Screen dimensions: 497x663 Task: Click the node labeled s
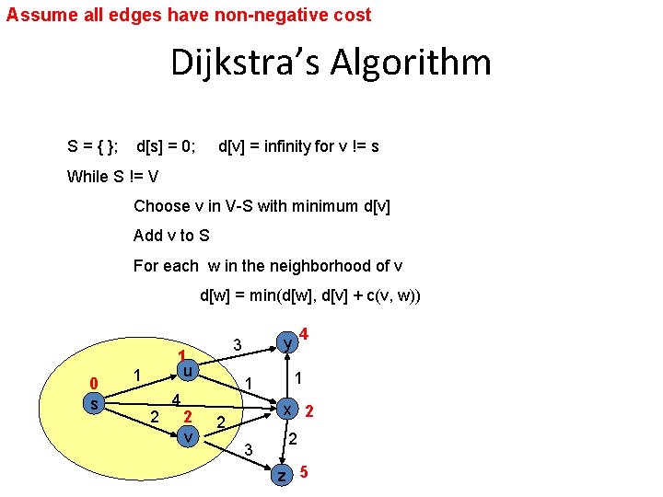92,403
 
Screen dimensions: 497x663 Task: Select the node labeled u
187,372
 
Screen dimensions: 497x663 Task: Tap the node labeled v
187,435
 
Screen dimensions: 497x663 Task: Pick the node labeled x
288,410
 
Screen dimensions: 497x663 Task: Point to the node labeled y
288,342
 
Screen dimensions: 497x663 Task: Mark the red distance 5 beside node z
304,472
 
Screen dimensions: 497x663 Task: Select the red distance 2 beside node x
310,410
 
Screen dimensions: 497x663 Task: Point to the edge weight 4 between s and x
176,399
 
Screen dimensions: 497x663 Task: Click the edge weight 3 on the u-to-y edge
237,345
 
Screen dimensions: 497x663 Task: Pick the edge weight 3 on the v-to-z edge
247,449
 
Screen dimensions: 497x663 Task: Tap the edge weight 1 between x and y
298,377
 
